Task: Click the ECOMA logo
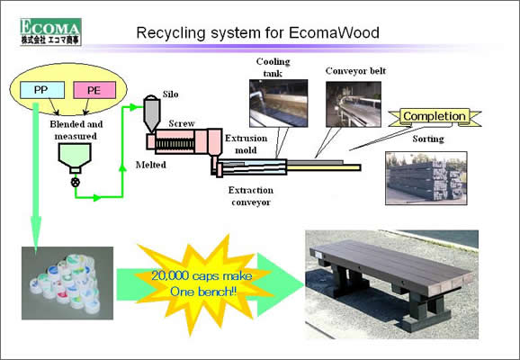(x=50, y=31)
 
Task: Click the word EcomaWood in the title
(x=334, y=32)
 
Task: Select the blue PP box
(x=42, y=90)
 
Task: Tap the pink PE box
(x=94, y=90)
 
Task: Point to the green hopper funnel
(x=75, y=157)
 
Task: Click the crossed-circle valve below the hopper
(x=76, y=182)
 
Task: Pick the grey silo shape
(x=152, y=113)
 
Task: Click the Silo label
(x=170, y=94)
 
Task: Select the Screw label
(x=182, y=123)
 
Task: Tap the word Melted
(x=151, y=165)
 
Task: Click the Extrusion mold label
(x=247, y=144)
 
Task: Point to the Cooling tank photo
(x=279, y=103)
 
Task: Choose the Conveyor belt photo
(x=354, y=104)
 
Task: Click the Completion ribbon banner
(x=435, y=117)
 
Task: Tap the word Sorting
(x=428, y=139)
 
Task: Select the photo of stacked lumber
(x=426, y=178)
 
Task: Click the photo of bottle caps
(x=67, y=283)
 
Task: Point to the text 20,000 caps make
(x=202, y=275)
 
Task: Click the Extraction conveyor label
(x=251, y=196)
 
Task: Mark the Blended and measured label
(x=76, y=130)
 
